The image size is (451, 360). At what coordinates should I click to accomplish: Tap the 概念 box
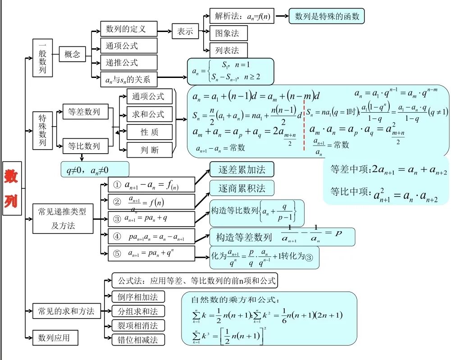(x=73, y=55)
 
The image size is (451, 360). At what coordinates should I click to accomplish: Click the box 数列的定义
(x=128, y=29)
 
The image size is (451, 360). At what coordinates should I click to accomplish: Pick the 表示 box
(x=185, y=32)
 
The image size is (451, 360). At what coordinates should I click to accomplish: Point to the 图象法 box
(x=228, y=33)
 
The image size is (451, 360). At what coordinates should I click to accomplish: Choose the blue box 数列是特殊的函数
(x=326, y=17)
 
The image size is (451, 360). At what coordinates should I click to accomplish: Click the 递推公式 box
(x=128, y=63)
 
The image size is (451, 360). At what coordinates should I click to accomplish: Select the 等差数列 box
(x=85, y=111)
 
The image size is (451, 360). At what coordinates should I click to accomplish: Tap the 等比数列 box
(x=85, y=146)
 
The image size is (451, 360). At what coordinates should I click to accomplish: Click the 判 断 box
(x=149, y=150)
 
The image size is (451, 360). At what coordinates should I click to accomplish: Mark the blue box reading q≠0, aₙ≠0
(x=95, y=169)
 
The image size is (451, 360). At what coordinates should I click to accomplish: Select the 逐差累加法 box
(x=241, y=169)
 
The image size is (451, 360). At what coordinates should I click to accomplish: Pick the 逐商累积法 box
(x=241, y=187)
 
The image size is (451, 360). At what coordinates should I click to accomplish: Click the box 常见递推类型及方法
(x=63, y=219)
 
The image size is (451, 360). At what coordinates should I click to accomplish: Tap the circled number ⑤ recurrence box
(x=151, y=253)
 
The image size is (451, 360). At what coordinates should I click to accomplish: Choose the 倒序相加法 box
(x=138, y=296)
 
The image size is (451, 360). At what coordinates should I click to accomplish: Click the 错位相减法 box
(x=138, y=340)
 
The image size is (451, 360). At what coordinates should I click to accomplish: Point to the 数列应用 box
(x=55, y=337)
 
